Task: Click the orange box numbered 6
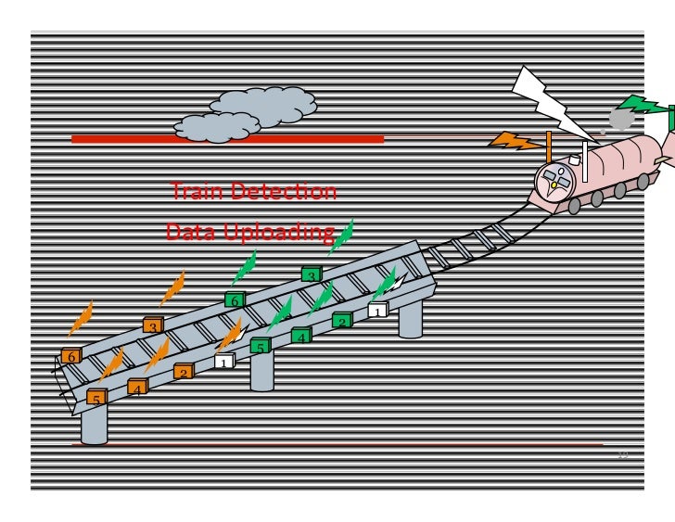click(x=71, y=357)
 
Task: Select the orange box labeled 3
click(x=153, y=326)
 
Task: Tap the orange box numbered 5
click(x=96, y=399)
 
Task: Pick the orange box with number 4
click(x=137, y=388)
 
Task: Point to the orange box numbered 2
click(x=184, y=373)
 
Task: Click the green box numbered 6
click(x=235, y=300)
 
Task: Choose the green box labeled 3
click(x=312, y=275)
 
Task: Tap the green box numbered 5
click(x=261, y=347)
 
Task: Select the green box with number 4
click(x=301, y=337)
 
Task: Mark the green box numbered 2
click(x=342, y=322)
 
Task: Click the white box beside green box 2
click(x=377, y=311)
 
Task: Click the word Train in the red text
click(x=196, y=192)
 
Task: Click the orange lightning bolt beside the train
click(x=516, y=142)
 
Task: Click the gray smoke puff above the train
click(x=621, y=119)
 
